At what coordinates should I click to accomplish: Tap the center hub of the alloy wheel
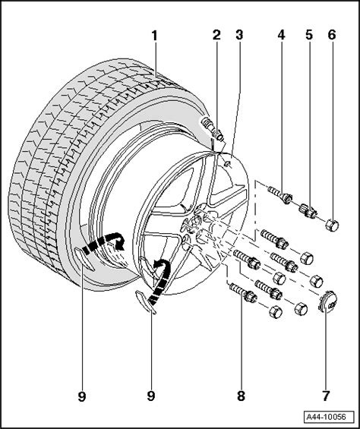196,224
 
